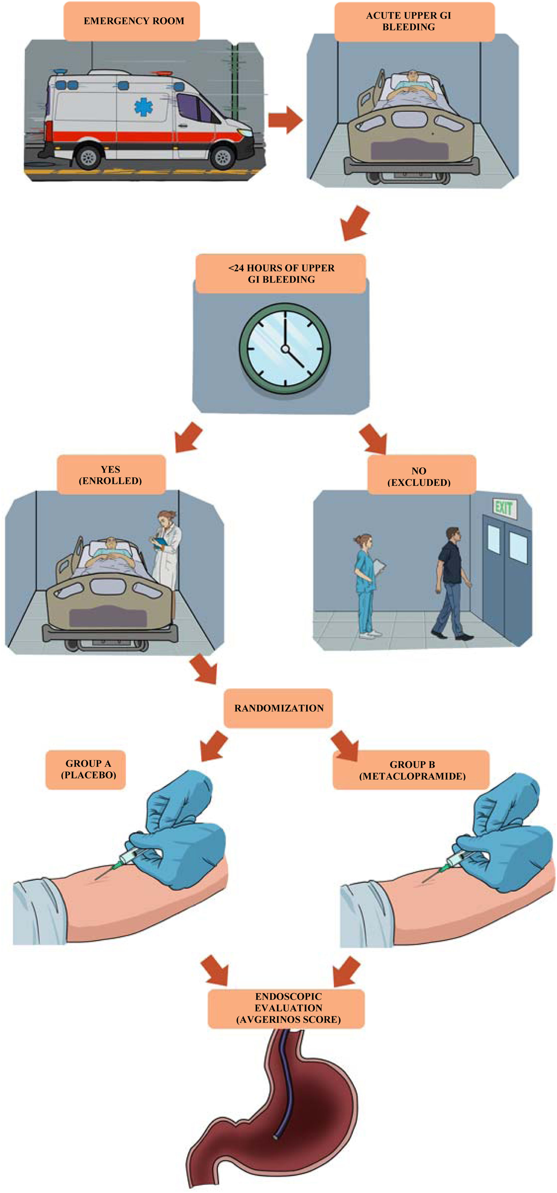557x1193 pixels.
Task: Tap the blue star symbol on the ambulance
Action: pos(144,107)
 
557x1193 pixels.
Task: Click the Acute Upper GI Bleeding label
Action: pos(414,21)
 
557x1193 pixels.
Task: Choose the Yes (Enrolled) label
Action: pos(111,475)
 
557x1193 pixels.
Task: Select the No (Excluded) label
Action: pos(422,475)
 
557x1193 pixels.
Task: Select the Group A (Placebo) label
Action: pos(86,769)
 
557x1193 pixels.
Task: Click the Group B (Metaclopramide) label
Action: pos(411,770)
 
